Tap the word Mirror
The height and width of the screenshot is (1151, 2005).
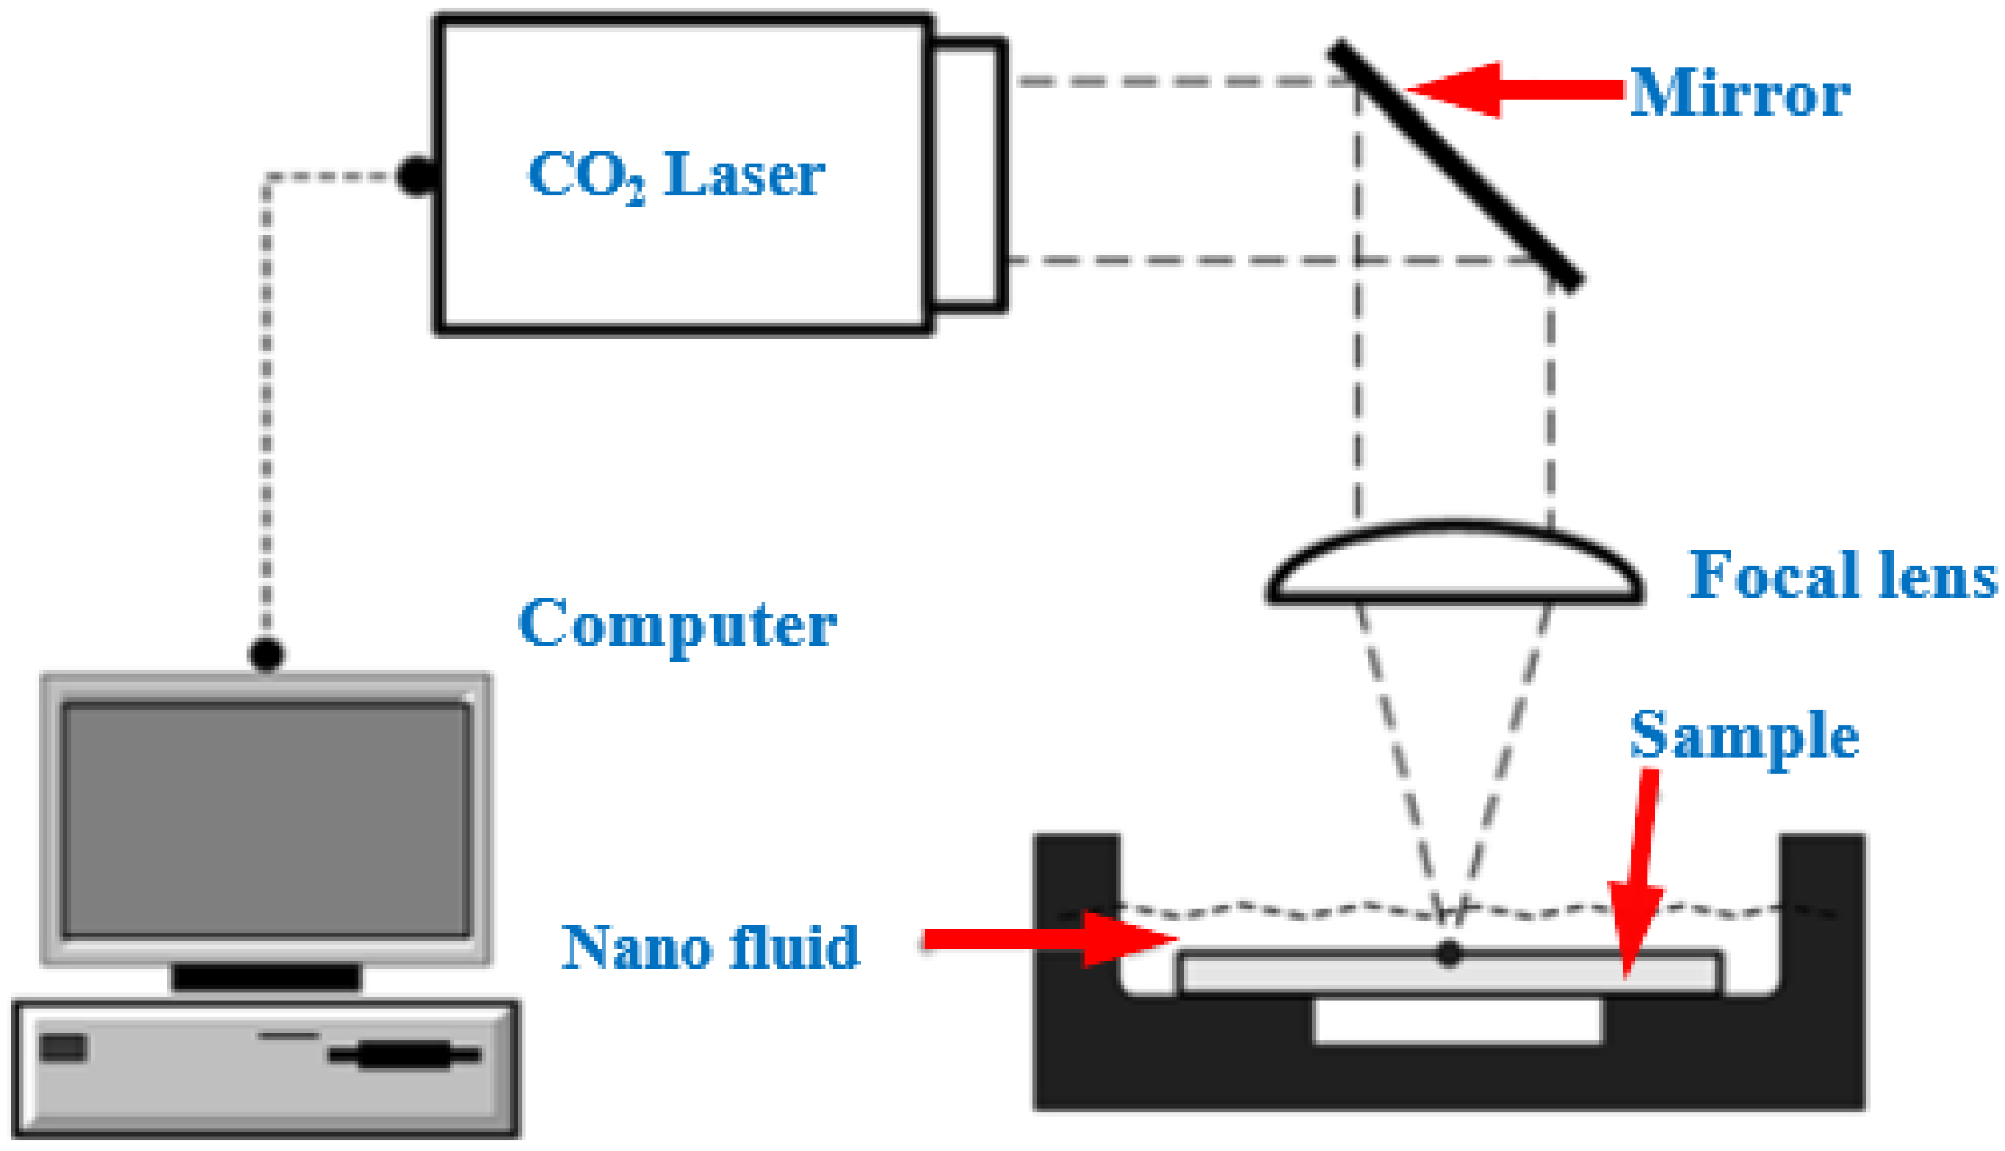1739,93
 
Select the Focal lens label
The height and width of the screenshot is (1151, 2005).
1842,575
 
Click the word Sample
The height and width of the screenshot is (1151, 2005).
1743,736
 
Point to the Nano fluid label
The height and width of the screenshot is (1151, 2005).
710,946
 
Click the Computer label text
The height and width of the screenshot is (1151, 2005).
677,624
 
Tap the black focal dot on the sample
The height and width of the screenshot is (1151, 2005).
1449,954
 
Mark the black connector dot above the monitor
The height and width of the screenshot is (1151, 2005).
266,654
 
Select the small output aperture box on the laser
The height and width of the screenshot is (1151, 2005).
968,174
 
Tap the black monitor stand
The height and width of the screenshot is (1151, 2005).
266,977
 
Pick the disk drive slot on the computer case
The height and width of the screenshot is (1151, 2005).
403,1055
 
